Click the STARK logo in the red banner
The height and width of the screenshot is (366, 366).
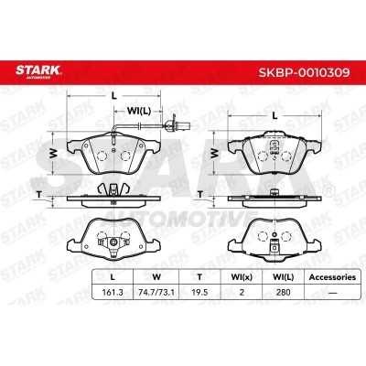tap(38, 71)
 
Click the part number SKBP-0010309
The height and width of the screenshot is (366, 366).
tap(304, 72)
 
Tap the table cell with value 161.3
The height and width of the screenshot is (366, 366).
tap(113, 293)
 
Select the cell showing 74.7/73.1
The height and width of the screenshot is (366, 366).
tap(156, 293)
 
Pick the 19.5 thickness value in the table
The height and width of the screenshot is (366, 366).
tap(199, 293)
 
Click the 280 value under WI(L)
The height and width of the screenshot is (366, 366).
tap(283, 293)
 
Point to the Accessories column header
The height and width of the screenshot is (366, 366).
tap(332, 277)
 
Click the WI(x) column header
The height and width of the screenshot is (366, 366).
tap(242, 277)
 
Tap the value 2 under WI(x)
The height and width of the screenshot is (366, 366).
tap(242, 293)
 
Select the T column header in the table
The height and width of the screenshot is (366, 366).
tap(199, 277)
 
